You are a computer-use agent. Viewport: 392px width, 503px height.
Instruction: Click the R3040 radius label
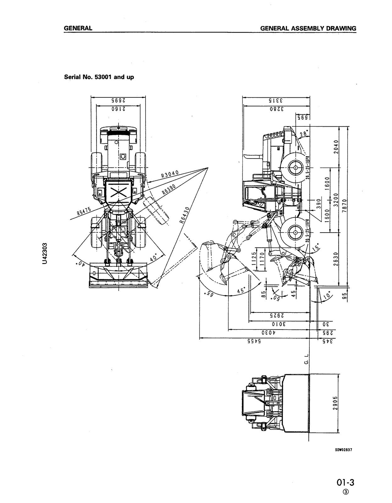[x=170, y=174]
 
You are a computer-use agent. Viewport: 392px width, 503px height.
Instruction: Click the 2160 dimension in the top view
[x=118, y=109]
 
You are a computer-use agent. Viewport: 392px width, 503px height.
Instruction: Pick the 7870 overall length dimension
[x=344, y=206]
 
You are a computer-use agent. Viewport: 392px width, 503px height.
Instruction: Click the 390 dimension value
[x=318, y=203]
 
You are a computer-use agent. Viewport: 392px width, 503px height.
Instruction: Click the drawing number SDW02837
[x=343, y=450]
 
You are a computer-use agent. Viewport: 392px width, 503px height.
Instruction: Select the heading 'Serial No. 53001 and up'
[x=99, y=77]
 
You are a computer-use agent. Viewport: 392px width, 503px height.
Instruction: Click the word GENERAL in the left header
[x=78, y=28]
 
